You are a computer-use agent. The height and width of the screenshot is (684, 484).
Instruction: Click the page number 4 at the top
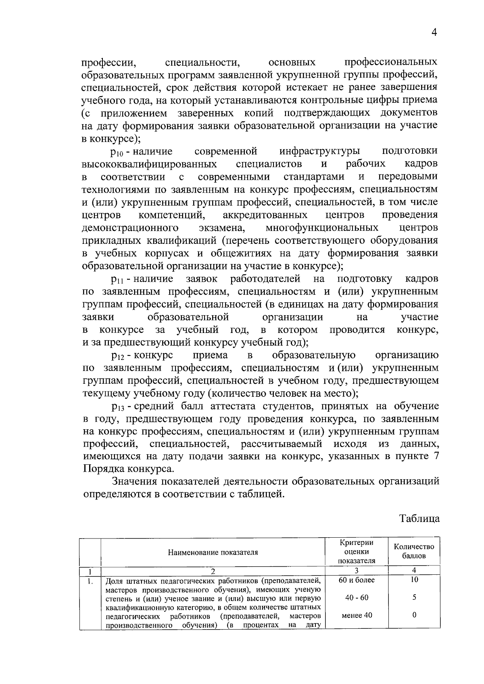click(x=434, y=33)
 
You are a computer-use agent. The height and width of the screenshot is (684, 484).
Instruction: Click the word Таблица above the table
click(x=419, y=518)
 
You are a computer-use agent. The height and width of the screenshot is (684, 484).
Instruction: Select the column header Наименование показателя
click(x=213, y=552)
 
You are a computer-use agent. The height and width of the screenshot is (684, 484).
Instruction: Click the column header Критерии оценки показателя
click(x=357, y=551)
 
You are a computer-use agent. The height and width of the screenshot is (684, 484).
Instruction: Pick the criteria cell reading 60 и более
click(x=357, y=580)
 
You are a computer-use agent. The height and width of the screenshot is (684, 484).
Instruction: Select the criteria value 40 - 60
click(x=357, y=598)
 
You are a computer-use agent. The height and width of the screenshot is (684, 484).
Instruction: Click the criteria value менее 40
click(x=357, y=615)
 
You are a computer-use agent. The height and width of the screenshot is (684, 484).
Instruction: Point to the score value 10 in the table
click(x=414, y=580)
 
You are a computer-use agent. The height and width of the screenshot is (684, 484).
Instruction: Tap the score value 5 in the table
click(x=414, y=598)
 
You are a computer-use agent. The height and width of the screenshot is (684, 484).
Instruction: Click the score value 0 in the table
click(x=414, y=615)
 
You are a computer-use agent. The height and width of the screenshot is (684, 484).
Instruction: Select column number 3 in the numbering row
click(x=357, y=570)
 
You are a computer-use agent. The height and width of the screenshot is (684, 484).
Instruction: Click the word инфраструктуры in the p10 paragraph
click(x=320, y=152)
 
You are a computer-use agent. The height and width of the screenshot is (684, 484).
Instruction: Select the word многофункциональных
click(x=322, y=228)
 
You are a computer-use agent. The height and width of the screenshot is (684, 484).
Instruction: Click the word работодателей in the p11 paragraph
click(x=265, y=279)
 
